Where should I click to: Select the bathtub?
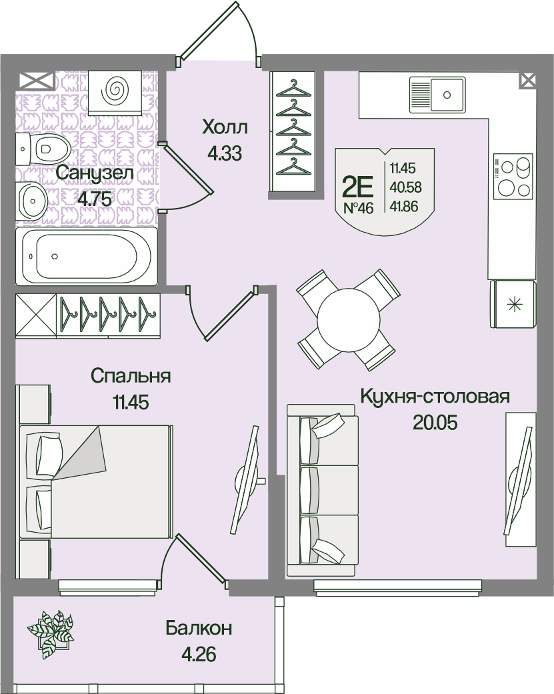[x=87, y=256]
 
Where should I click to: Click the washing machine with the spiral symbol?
[x=115, y=92]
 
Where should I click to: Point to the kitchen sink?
[x=437, y=94]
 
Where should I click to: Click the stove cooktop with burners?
[x=513, y=177]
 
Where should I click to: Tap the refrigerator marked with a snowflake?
[x=513, y=304]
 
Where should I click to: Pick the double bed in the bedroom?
[x=95, y=482]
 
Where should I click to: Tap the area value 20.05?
[x=435, y=423]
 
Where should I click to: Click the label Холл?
[x=225, y=127]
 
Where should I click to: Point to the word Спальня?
[x=131, y=376]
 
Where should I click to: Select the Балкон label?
[x=199, y=629]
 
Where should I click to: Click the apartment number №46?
[x=359, y=207]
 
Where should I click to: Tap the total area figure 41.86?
[x=404, y=206]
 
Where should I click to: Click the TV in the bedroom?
[x=247, y=480]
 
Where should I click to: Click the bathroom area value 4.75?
[x=95, y=199]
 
